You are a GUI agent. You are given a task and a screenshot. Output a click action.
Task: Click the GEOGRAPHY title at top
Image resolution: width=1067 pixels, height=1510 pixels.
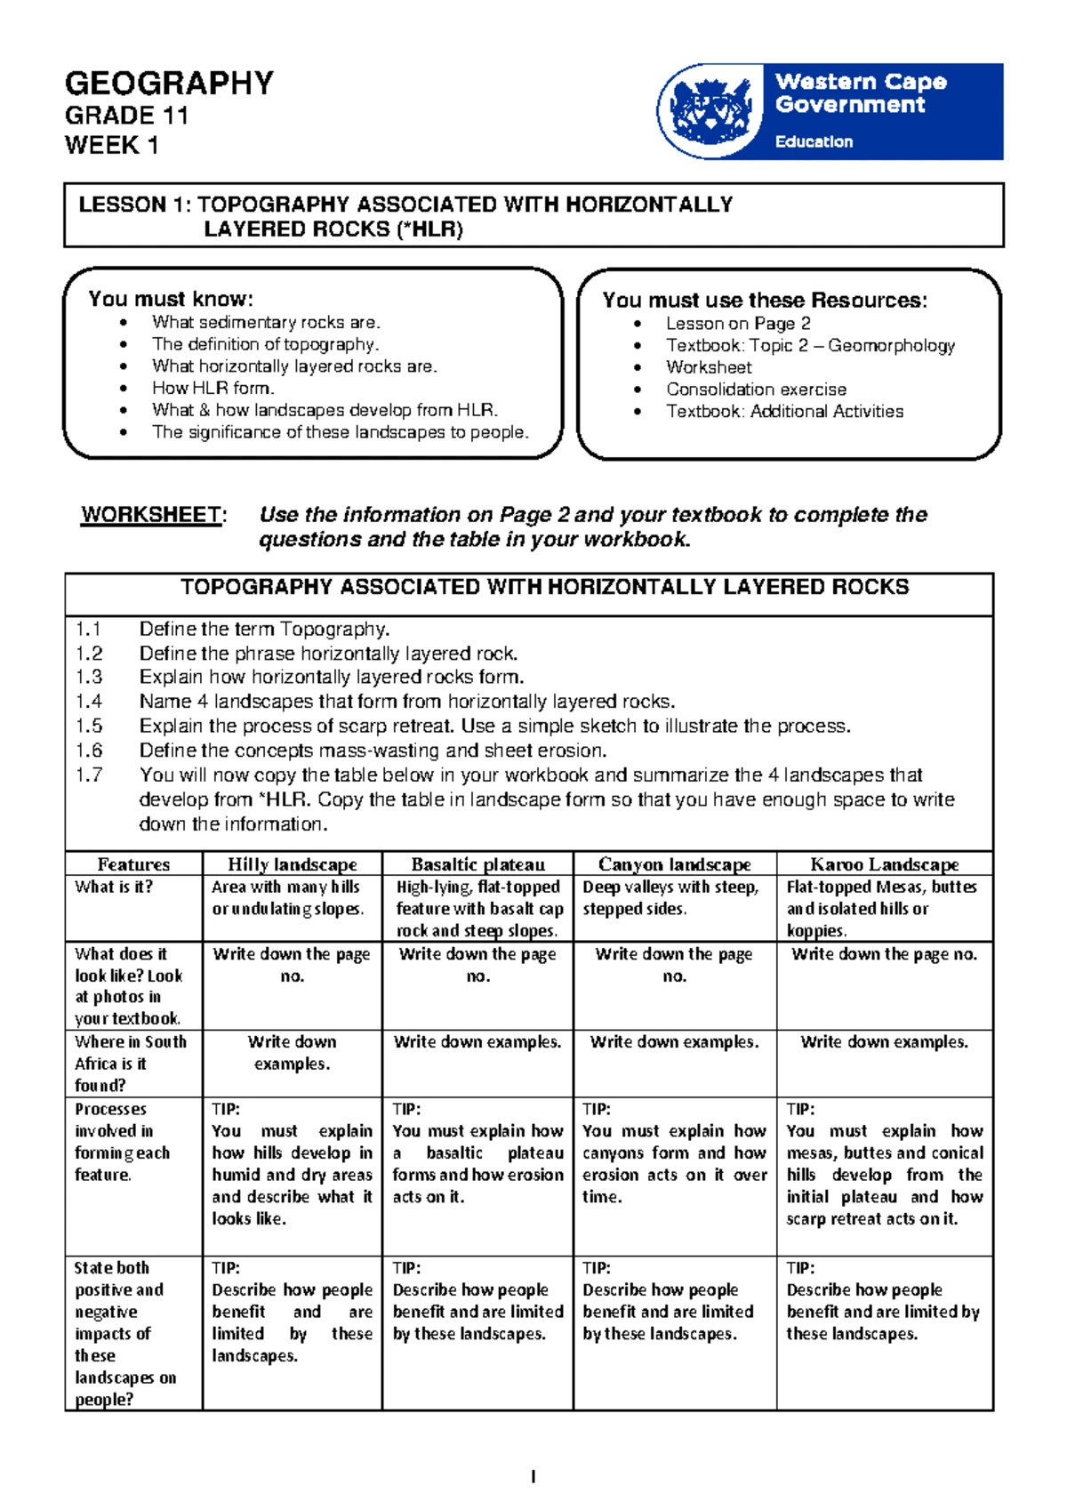(169, 84)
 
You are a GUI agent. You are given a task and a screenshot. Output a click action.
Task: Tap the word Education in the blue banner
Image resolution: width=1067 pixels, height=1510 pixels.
(814, 141)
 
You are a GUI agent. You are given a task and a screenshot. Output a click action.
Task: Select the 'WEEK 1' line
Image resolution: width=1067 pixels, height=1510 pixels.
(112, 145)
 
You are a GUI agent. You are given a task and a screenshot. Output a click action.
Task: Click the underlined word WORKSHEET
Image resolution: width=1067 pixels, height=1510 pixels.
(151, 515)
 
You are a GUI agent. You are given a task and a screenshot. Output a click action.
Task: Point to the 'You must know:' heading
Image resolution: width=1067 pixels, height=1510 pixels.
(171, 299)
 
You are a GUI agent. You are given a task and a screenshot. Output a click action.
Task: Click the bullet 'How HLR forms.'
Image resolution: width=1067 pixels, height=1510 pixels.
(213, 388)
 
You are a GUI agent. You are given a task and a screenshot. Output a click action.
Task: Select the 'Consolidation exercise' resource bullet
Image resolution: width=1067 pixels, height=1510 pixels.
(756, 390)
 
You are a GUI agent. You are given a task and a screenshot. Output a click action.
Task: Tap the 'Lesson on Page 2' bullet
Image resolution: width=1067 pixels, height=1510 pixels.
(738, 324)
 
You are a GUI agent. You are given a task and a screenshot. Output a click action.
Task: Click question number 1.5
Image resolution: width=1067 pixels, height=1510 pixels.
(89, 726)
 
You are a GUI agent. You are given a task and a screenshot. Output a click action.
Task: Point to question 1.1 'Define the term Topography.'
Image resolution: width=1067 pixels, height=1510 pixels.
(264, 630)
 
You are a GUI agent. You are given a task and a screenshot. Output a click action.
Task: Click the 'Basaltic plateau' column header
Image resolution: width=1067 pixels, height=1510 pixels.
(477, 864)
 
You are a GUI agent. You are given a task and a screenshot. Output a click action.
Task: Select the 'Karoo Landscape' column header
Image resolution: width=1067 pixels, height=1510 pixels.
(884, 864)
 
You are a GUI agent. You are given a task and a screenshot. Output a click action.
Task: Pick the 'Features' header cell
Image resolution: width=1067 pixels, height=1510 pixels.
(133, 864)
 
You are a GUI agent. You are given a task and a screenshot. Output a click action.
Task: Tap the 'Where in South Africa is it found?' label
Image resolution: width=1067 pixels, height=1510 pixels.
(130, 1063)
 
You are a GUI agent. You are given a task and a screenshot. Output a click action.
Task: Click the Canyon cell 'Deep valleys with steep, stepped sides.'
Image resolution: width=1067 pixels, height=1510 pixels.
(670, 897)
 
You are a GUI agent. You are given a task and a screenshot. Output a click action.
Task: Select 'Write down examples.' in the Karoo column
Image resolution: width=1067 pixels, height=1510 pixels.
(884, 1041)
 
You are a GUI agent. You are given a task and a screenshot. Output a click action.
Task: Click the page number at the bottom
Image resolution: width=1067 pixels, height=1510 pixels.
(533, 1477)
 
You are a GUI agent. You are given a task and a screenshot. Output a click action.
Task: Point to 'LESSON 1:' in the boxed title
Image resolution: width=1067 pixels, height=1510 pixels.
(134, 205)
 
